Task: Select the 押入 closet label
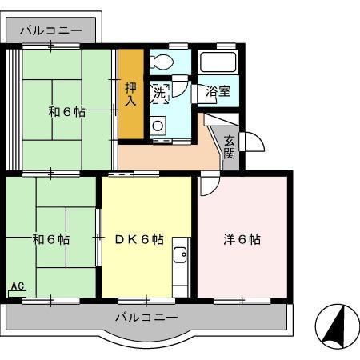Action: click(x=130, y=94)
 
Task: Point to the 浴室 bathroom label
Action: click(x=218, y=92)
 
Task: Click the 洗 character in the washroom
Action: click(x=159, y=93)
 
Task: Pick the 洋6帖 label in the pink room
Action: click(x=241, y=238)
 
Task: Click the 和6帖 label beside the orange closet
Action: click(x=66, y=112)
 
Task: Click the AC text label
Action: click(x=17, y=286)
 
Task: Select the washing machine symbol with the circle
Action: click(x=157, y=124)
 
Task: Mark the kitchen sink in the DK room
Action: click(x=179, y=255)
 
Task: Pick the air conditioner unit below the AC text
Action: click(x=16, y=294)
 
